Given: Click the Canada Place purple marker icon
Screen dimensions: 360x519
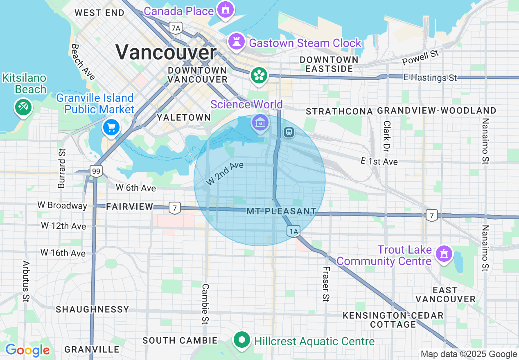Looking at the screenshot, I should tap(226, 9).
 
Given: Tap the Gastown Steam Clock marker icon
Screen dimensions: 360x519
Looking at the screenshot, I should tap(237, 42).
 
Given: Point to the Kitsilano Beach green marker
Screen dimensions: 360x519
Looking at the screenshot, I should tap(23, 107).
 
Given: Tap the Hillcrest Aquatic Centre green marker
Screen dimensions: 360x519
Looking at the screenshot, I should tap(242, 340).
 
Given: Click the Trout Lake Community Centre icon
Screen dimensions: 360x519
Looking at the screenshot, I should tap(443, 254).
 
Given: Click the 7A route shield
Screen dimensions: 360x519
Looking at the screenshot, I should tap(176, 28).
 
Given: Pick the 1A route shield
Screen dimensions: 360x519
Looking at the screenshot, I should tap(293, 232).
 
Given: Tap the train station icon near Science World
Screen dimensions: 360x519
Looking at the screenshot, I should tap(289, 132).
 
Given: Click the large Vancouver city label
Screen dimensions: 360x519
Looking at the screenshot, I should tap(166, 52).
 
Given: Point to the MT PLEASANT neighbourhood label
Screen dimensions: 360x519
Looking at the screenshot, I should tap(282, 211).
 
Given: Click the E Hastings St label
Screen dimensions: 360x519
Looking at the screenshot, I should tap(430, 77).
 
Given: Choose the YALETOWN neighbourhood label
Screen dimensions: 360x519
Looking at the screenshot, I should tap(184, 117).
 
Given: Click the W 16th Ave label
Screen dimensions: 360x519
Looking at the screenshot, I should tap(63, 253).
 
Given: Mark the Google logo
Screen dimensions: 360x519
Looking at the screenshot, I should tap(27, 350).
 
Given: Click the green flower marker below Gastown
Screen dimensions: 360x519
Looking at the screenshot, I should tap(259, 75).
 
